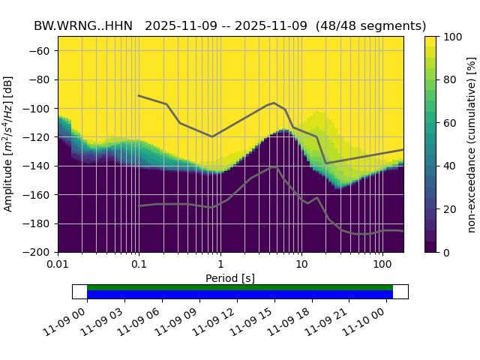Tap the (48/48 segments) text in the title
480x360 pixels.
pos(370,25)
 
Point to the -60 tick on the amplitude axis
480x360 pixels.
pos(43,51)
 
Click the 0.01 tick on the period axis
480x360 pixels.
pos(58,264)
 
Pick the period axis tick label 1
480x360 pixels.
pos(220,264)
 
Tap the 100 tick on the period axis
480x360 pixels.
pos(382,264)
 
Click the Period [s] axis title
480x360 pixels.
pos(230,278)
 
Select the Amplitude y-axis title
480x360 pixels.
pos(8,144)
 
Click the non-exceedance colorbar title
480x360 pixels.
pos(472,144)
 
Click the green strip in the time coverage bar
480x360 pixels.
pos(240,287)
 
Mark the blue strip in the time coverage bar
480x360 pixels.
pos(240,295)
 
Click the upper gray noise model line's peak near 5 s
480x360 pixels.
pos(274,103)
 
